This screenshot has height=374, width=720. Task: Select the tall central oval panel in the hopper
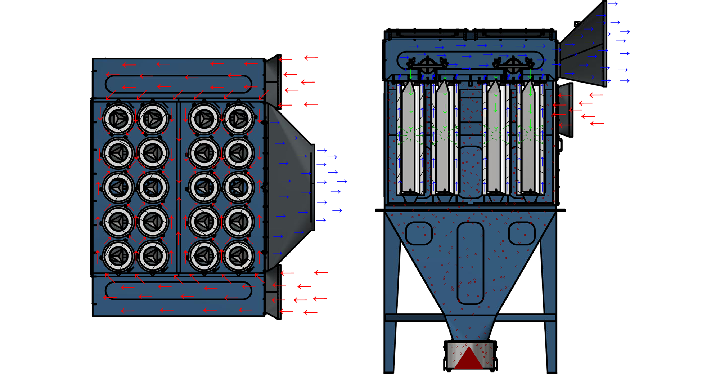(470, 263)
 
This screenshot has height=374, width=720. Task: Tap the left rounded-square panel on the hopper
(419, 233)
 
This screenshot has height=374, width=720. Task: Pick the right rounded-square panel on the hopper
(522, 233)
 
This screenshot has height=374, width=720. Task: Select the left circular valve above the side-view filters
(427, 65)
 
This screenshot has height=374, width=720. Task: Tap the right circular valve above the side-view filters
(513, 65)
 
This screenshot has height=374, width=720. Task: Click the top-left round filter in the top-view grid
(118, 118)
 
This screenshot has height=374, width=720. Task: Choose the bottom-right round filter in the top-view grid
(238, 255)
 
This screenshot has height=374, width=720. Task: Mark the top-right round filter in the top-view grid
(238, 118)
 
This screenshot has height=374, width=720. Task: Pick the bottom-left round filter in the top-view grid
(118, 255)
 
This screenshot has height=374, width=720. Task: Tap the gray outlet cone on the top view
(290, 187)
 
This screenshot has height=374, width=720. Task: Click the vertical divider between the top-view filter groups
(179, 187)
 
